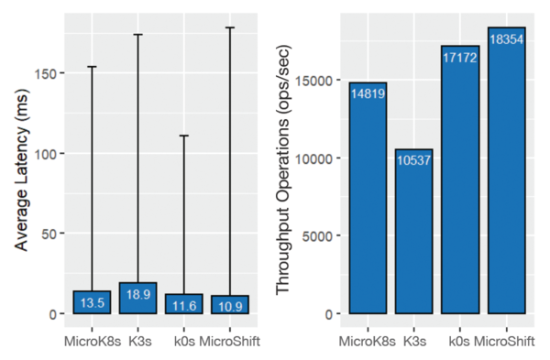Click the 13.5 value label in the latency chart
point(93,303)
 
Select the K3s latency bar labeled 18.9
point(137,298)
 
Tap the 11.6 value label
point(184,306)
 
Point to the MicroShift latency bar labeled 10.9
point(230,305)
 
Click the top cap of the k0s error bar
point(184,136)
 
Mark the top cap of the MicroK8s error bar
point(92,67)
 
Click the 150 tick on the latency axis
point(46,73)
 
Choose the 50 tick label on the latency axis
point(49,234)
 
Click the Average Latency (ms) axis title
point(21,170)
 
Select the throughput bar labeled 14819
point(368,198)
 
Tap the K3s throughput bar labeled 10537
point(414,232)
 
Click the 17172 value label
point(460,58)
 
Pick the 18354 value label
point(507,39)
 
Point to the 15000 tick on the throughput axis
point(313,81)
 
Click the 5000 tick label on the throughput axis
point(317,236)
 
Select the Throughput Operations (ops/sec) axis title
point(283,170)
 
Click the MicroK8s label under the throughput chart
point(367,341)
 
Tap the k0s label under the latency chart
point(184,341)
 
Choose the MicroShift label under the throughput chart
point(504,341)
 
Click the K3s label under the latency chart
point(140,341)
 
